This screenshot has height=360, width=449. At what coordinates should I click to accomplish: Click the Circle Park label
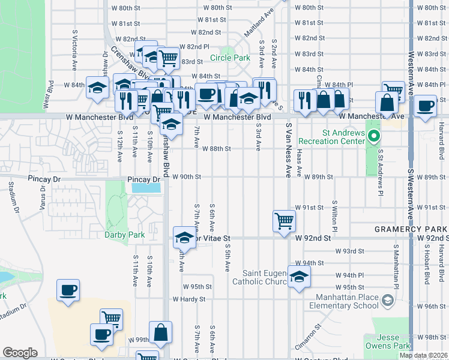click(x=229, y=59)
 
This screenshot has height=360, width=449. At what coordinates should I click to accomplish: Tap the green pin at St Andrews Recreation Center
click(x=373, y=136)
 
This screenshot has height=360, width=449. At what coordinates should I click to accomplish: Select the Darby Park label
click(x=125, y=235)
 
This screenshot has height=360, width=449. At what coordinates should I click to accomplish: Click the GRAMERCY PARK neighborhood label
click(x=411, y=229)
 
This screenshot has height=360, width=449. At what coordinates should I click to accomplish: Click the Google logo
click(x=20, y=353)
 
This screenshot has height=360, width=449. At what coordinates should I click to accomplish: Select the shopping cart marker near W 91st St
click(x=284, y=220)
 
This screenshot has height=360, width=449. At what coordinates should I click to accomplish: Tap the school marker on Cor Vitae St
click(x=184, y=238)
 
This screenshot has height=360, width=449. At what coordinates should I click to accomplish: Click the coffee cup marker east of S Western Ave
click(x=425, y=106)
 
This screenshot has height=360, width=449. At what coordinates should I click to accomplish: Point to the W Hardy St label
click(x=188, y=299)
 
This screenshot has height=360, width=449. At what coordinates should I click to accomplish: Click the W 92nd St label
click(x=313, y=238)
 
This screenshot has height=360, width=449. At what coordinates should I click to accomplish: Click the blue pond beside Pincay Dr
click(x=146, y=188)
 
